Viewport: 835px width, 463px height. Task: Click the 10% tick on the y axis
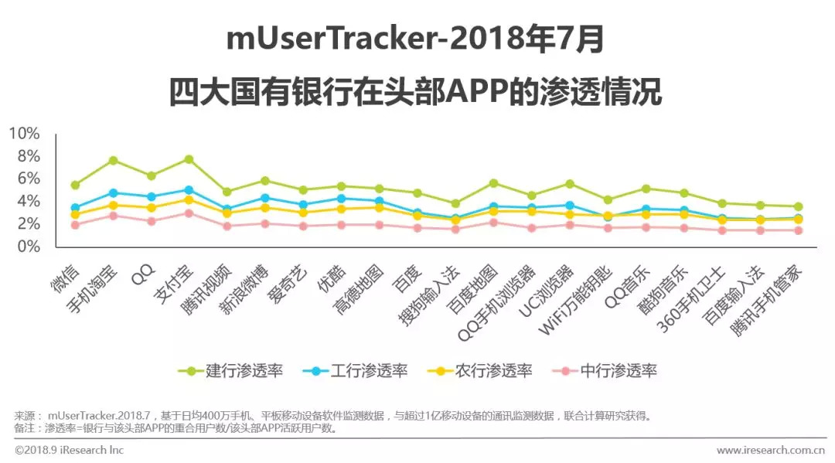pos(24,134)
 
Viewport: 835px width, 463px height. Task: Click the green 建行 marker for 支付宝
pos(189,159)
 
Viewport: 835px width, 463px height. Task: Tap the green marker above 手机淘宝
pos(113,160)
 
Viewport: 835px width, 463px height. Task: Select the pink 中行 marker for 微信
pos(75,225)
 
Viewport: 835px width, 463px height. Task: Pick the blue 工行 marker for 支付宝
pos(189,189)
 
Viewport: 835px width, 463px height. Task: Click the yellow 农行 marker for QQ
pos(152,207)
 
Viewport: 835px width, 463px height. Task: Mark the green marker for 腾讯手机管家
pos(796,206)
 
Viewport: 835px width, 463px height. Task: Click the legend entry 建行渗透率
pos(232,370)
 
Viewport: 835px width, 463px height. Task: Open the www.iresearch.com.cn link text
pos(771,450)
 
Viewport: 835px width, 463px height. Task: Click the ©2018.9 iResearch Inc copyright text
pos(70,450)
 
